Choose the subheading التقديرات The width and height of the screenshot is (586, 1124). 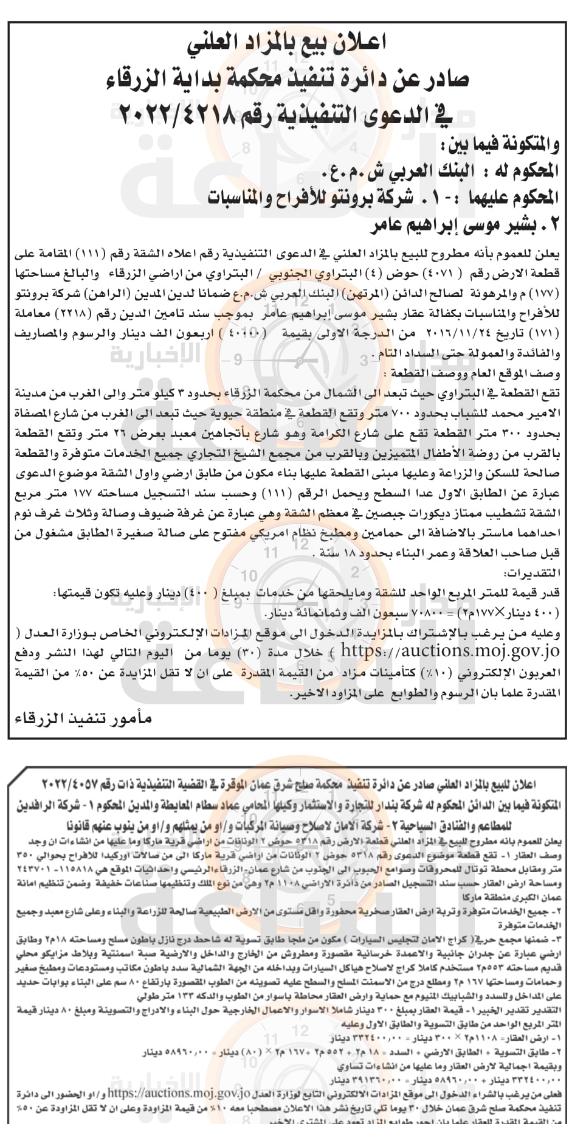coord(532,573)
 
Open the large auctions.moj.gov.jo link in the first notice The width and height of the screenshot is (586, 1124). coord(450,651)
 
